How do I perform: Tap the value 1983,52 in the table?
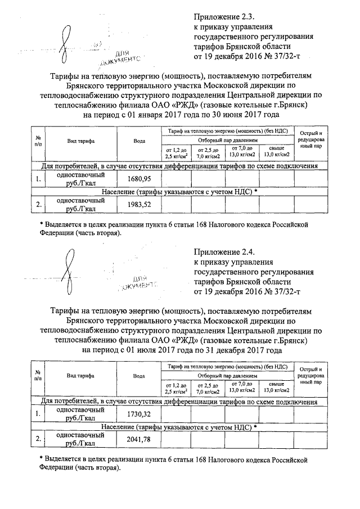point(139,204)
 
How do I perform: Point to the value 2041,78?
point(139,439)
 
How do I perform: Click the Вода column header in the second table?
point(139,376)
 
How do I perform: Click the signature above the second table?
point(68,271)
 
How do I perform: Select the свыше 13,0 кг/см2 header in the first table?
point(276,151)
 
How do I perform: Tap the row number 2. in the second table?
point(38,439)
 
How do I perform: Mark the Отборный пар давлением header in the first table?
point(227,139)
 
